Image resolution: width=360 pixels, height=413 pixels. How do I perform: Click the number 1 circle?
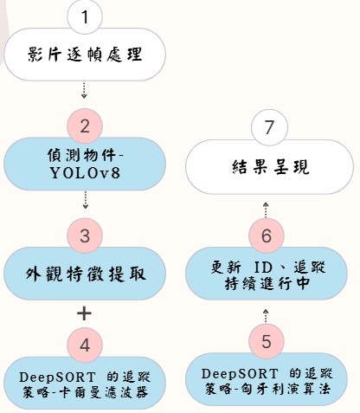85,16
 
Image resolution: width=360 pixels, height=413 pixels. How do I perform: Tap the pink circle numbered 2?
85,126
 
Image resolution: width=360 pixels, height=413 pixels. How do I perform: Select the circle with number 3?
85,236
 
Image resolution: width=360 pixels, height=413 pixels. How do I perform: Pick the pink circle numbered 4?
85,345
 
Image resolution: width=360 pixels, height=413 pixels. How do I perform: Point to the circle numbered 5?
267,341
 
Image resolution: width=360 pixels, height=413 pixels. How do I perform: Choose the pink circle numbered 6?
267,236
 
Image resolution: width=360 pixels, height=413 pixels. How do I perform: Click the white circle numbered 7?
269,127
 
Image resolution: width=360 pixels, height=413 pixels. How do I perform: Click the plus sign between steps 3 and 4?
84,313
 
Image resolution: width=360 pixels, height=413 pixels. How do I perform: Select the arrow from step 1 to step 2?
84,90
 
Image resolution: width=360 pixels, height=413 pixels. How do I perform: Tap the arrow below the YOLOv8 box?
85,200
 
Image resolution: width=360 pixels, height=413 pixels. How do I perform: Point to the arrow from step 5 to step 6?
266,316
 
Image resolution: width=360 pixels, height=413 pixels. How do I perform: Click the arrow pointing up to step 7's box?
266,210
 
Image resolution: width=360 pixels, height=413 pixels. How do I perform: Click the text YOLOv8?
85,173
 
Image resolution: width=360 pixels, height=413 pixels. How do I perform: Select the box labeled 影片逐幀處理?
85,55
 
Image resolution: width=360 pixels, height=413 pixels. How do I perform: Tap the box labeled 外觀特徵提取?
85,274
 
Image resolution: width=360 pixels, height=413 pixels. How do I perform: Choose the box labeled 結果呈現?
269,166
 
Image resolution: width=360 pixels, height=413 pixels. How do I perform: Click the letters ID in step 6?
263,268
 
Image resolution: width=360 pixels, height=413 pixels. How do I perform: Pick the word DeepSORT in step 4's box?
57,378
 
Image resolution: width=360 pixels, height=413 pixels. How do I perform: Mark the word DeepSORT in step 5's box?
240,374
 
